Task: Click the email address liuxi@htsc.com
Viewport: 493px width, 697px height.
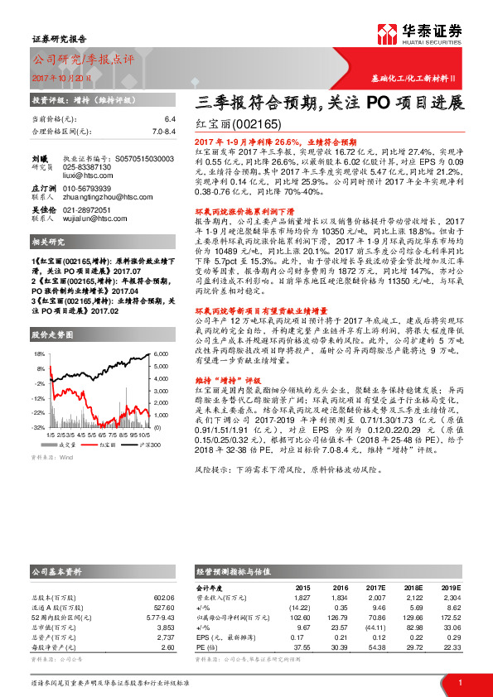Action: point(83,175)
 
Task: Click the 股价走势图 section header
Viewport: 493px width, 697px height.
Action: point(53,335)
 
